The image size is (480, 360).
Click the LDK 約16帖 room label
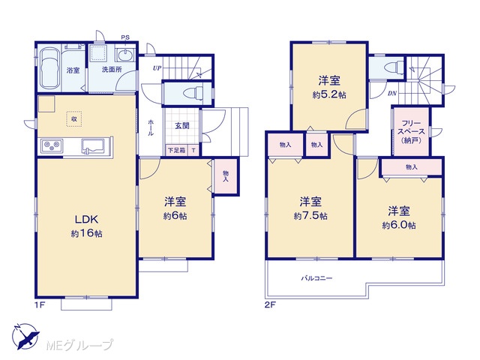[87, 226]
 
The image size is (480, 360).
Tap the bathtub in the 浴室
[49, 67]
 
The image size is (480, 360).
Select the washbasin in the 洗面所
[125, 55]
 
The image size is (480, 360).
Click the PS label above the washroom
[125, 37]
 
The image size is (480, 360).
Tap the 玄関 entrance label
[182, 125]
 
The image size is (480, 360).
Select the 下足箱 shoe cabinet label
[177, 150]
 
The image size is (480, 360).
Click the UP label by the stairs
[157, 68]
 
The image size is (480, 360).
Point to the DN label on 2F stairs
[392, 93]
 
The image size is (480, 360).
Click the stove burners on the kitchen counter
[52, 145]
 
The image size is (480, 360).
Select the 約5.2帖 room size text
[329, 95]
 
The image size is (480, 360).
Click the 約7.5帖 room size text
[310, 216]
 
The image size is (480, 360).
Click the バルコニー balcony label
[316, 278]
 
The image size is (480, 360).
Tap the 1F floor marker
[40, 304]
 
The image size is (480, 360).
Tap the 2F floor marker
[270, 304]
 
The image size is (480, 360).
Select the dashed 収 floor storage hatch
[74, 118]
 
